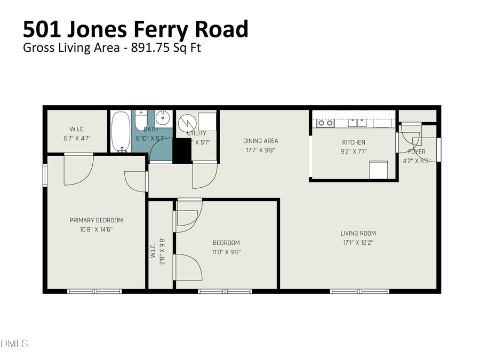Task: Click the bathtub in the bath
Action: tap(121, 131)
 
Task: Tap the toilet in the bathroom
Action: tap(140, 122)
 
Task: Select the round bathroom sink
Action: tap(163, 117)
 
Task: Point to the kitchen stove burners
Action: tap(325, 123)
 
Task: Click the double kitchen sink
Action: tap(357, 123)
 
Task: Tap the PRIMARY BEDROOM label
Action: tap(96, 220)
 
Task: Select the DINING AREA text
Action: tap(260, 141)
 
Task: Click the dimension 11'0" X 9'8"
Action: tap(226, 252)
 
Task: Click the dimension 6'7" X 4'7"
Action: tap(77, 138)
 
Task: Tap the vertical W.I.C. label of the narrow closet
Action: tap(153, 251)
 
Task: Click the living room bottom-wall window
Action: tap(359, 291)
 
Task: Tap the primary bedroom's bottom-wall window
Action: tap(94, 291)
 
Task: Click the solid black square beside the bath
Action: tap(182, 150)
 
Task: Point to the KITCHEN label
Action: tap(354, 142)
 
